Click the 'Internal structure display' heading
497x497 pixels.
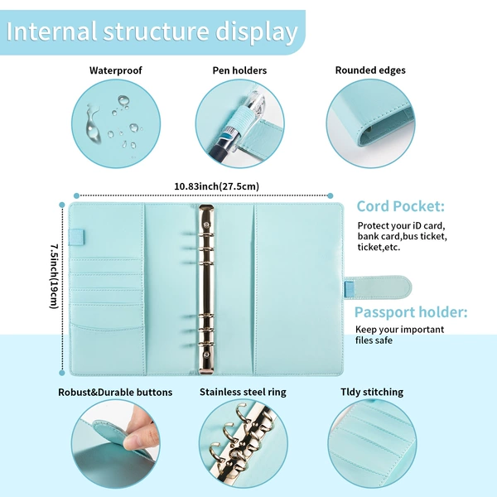coord(152,31)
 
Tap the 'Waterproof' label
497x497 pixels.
coord(116,70)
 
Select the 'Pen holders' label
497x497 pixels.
coord(239,70)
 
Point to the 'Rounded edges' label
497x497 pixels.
coord(370,70)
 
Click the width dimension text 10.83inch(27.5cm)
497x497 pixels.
coord(216,186)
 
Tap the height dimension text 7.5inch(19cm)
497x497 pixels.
coord(54,276)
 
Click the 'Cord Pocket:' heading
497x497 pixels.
coord(401,206)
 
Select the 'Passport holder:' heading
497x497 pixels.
coord(411,312)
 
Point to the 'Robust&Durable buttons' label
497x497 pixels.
coord(115,392)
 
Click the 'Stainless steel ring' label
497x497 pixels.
coord(243,392)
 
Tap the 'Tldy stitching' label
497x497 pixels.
coord(372,392)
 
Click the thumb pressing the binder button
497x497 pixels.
coord(140,437)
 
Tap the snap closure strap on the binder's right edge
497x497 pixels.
coord(378,287)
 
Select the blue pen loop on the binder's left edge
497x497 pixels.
coord(76,237)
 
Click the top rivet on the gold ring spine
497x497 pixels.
coord(206,224)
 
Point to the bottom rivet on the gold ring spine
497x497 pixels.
coord(206,355)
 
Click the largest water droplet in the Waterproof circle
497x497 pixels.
coord(93,123)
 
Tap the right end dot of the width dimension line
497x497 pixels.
coord(331,195)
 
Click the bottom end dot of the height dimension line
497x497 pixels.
coord(62,373)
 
